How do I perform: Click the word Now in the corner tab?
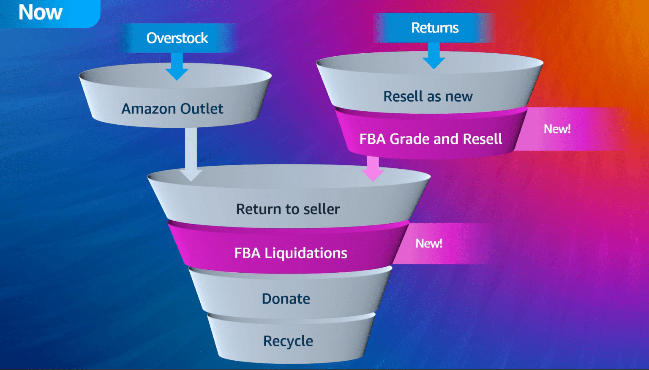pos(40,12)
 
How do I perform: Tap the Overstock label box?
pos(177,38)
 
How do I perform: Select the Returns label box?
pos(434,28)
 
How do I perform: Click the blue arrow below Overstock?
pos(177,66)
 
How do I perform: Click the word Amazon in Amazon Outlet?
pos(148,109)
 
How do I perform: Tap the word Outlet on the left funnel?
pos(202,109)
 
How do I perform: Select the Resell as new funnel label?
pos(428,96)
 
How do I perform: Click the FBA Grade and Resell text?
pos(431,139)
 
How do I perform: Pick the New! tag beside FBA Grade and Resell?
pos(557,129)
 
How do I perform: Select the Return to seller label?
pos(288,209)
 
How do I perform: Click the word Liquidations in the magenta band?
pos(305,253)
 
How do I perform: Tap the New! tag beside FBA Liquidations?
pos(429,244)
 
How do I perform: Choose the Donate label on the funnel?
pos(286,299)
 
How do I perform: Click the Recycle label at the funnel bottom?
pos(288,341)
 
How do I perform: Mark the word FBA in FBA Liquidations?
pos(247,253)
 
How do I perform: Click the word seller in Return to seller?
pos(322,209)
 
